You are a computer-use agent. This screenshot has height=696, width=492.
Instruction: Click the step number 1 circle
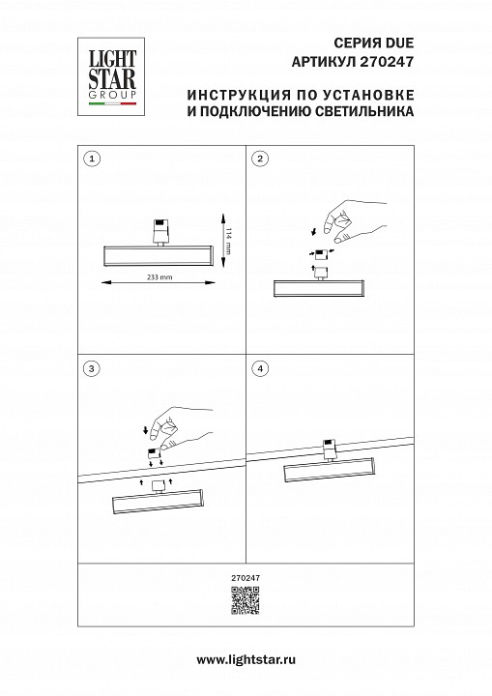click(92, 158)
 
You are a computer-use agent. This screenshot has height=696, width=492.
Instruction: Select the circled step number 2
click(258, 158)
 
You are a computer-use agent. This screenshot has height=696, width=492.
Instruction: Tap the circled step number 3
click(92, 368)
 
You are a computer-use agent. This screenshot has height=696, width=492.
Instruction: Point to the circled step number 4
click(258, 368)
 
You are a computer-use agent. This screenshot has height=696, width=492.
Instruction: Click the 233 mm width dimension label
click(158, 277)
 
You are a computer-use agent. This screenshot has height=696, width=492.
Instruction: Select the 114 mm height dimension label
click(228, 240)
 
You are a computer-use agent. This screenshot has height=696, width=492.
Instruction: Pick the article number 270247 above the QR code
click(246, 577)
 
